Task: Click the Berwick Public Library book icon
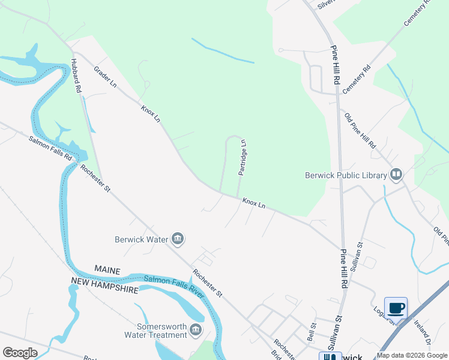(396, 175)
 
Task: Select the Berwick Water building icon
(177, 239)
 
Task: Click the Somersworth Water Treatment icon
(196, 330)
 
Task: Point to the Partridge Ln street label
(243, 157)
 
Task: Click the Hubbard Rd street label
(75, 74)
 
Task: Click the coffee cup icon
(396, 308)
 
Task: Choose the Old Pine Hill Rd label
(360, 130)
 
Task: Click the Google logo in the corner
(20, 352)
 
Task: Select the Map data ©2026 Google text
(412, 355)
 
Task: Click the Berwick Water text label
(141, 239)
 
